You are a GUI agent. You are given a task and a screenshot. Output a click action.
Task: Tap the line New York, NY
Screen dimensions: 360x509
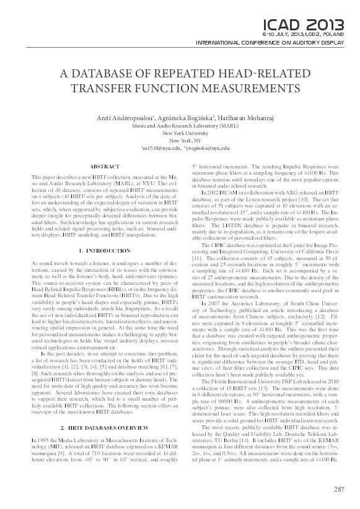coord(180,141)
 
